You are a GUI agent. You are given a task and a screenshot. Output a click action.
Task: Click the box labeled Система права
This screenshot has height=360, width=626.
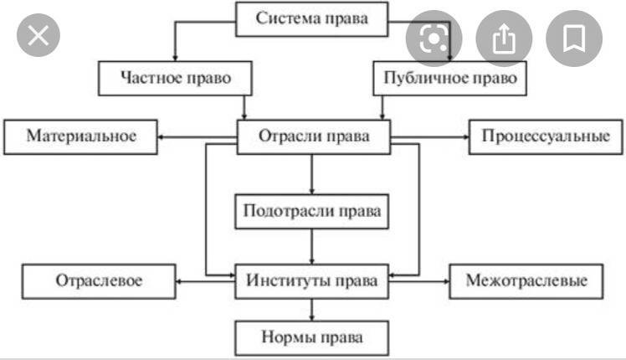tap(312, 19)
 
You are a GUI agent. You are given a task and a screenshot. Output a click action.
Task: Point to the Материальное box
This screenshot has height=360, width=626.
tap(80, 136)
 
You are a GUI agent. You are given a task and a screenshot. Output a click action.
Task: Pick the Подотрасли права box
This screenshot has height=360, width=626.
tap(312, 210)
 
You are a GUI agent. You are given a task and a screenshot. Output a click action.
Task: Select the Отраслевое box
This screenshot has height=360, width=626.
tap(99, 281)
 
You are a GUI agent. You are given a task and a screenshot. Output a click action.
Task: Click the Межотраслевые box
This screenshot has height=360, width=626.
tap(526, 280)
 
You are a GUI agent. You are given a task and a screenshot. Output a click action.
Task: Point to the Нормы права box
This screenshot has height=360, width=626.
tap(312, 338)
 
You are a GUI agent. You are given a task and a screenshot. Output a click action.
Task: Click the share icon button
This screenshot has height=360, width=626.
tap(503, 38)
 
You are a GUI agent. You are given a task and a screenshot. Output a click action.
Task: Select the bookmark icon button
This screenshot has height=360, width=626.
tap(574, 38)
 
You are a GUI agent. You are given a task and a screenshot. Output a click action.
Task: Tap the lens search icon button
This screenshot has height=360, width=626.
tap(434, 38)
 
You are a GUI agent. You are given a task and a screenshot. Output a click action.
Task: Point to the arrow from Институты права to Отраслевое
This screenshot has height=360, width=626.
tap(205, 281)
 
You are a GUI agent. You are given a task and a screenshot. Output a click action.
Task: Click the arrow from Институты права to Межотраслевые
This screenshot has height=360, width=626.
tap(419, 281)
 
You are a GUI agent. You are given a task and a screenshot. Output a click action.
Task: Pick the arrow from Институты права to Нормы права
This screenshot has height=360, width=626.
tap(312, 310)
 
